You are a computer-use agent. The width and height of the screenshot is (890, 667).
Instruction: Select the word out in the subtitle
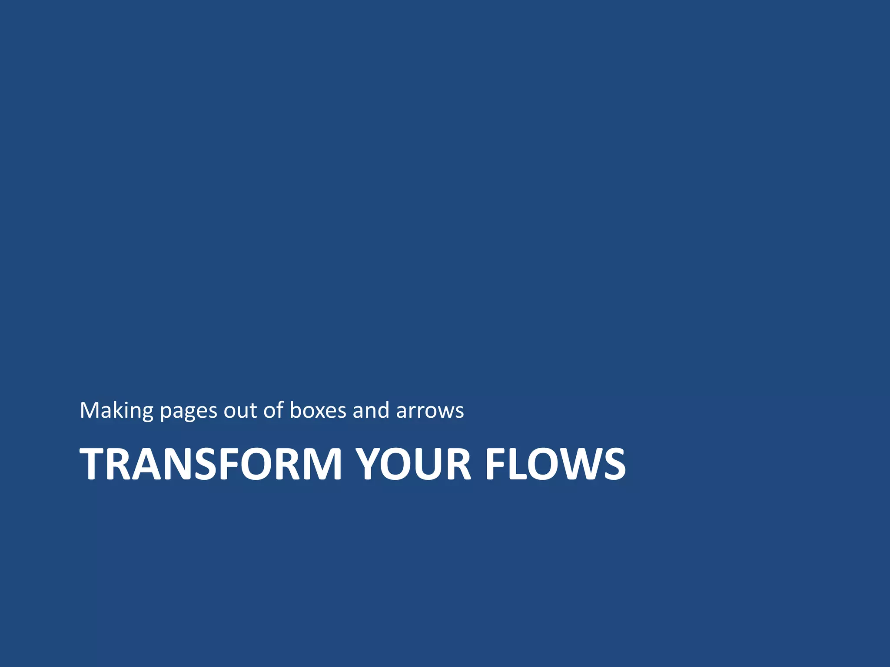[x=240, y=411]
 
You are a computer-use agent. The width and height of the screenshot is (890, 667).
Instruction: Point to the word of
[x=274, y=410]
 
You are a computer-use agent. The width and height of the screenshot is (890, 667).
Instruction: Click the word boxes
[x=318, y=411]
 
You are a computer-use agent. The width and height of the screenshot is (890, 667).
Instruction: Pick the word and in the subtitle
[x=371, y=411]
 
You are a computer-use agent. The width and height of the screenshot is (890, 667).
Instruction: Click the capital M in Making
[x=90, y=410]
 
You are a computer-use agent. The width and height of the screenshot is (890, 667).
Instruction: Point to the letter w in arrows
[x=445, y=412]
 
